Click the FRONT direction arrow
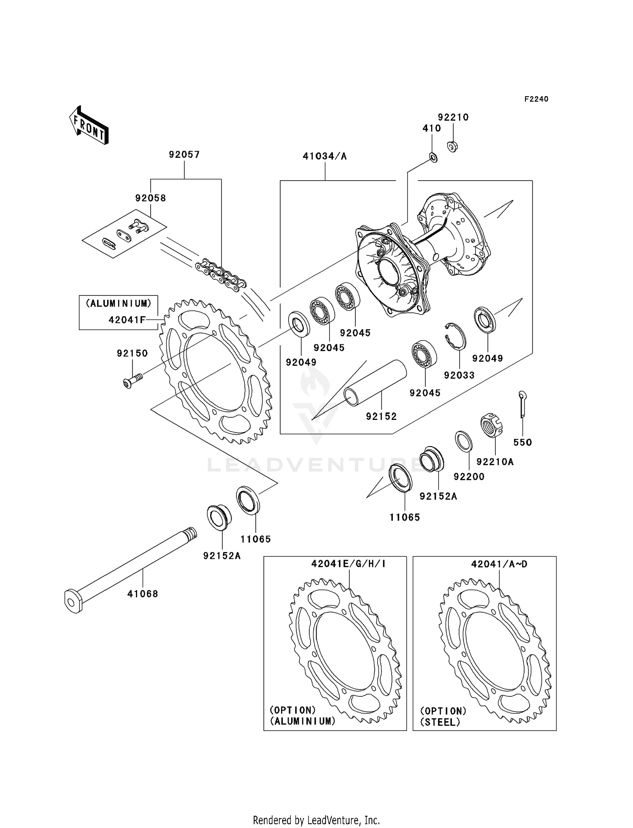[x=89, y=126]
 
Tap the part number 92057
[x=184, y=154]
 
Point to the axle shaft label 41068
[x=143, y=594]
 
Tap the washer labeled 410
[x=433, y=158]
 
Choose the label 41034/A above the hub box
[x=325, y=156]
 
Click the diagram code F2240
[x=536, y=99]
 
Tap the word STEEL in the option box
[x=440, y=722]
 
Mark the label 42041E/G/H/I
[x=349, y=563]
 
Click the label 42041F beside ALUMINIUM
[x=127, y=319]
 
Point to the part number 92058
[x=151, y=198]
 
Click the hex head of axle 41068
[x=73, y=601]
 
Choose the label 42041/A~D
[x=499, y=563]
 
